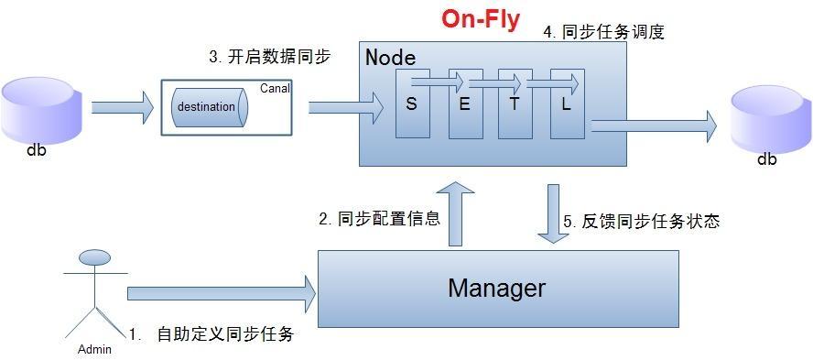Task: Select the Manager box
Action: pyautogui.click(x=497, y=289)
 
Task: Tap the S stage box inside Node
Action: pyautogui.click(x=412, y=104)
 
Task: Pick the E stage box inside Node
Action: pyautogui.click(x=464, y=104)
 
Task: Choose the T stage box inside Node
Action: pyautogui.click(x=515, y=104)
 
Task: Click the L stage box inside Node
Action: pyautogui.click(x=567, y=104)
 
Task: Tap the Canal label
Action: pyautogui.click(x=276, y=89)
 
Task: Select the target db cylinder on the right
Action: pyautogui.click(x=770, y=120)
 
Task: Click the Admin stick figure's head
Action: pyautogui.click(x=94, y=257)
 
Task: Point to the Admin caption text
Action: pyautogui.click(x=94, y=349)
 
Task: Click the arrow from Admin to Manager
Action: pyautogui.click(x=221, y=293)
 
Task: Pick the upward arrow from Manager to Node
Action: pyautogui.click(x=456, y=213)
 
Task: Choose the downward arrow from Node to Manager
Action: pyautogui.click(x=554, y=213)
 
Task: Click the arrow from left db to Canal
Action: pyautogui.click(x=123, y=107)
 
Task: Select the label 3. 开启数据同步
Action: pyautogui.click(x=269, y=57)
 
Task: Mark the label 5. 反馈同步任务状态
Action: pyautogui.click(x=641, y=221)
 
